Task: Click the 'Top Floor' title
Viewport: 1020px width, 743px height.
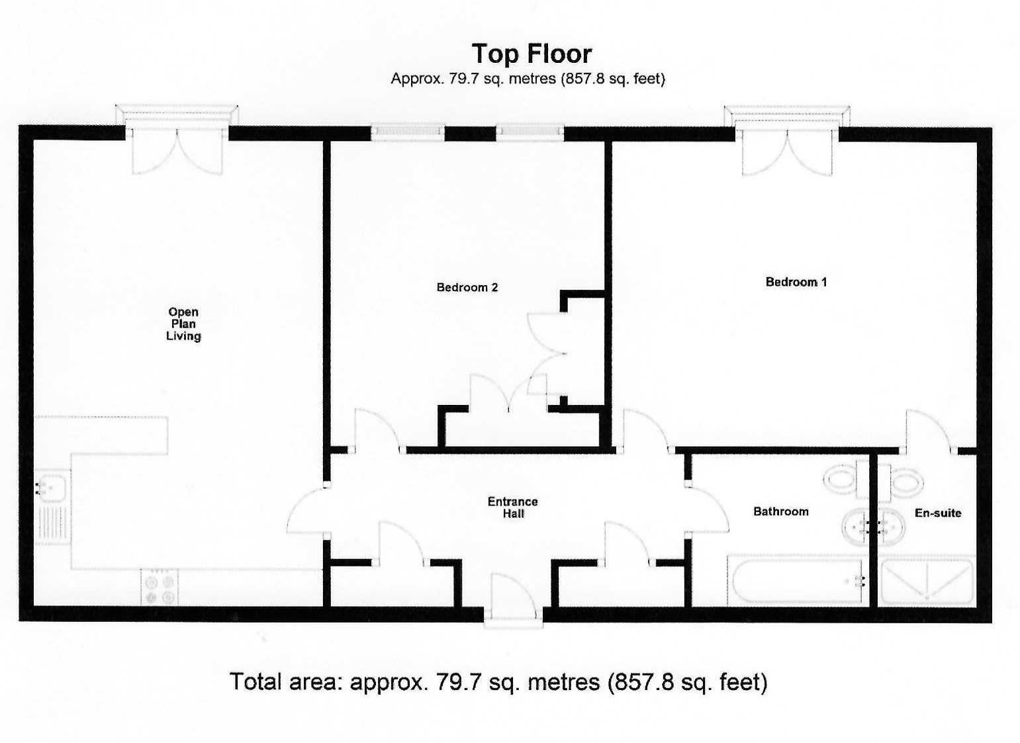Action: pos(532,54)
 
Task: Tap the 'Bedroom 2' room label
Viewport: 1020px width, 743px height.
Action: pos(467,287)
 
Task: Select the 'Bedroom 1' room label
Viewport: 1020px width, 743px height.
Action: pos(796,282)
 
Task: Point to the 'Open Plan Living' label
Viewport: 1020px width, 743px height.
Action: pos(183,324)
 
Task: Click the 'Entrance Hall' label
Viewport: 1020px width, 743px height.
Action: pos(512,507)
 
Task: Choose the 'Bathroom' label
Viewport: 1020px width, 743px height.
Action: pos(780,511)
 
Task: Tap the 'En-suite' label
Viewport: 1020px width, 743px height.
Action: pos(937,513)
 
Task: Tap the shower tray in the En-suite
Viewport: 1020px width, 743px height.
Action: pos(927,582)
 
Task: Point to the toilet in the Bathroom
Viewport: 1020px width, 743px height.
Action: pos(842,479)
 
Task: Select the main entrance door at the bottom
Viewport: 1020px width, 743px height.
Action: pos(513,599)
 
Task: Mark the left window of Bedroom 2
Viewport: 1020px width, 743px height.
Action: pos(407,133)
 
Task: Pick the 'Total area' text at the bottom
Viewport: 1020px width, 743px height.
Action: pos(498,681)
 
